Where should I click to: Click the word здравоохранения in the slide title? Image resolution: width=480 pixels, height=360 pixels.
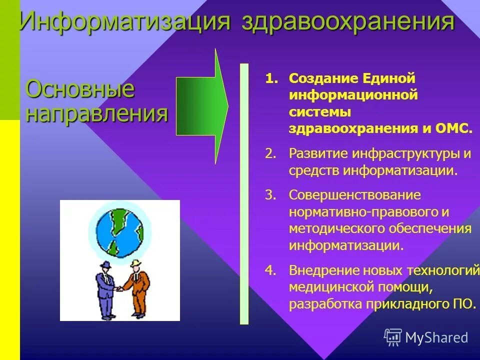coord(348,22)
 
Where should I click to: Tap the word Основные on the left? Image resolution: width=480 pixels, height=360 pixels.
coord(80,89)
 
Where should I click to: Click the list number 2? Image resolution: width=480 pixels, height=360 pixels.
coord(270,153)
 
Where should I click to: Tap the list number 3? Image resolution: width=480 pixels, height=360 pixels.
coord(270,195)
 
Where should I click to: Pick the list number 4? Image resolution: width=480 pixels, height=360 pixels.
coord(270,270)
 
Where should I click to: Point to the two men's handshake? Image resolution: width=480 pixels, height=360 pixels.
coord(119,288)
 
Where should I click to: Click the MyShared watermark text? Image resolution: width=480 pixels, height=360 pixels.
coord(436,337)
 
